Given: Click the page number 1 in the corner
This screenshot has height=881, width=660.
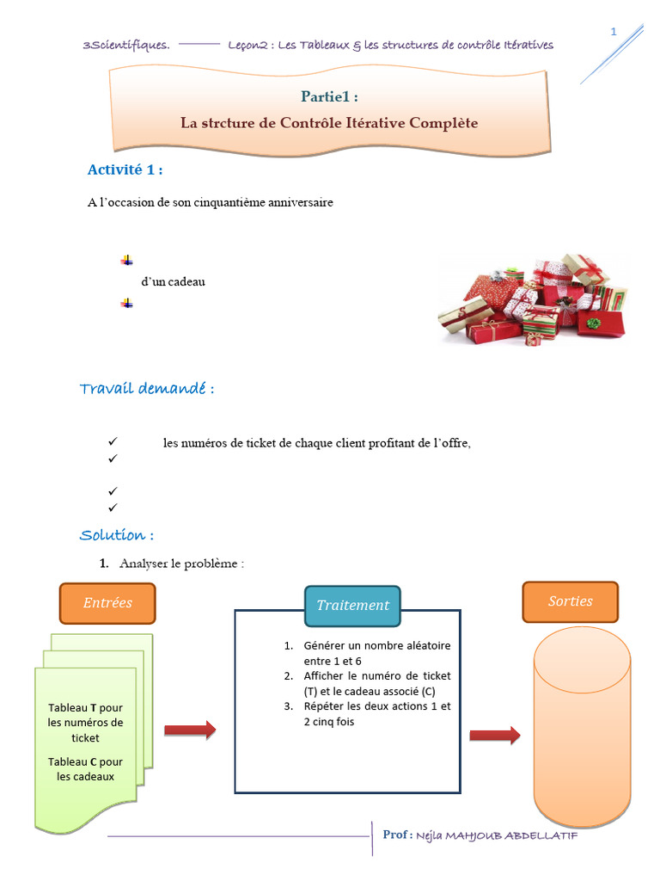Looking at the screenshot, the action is [614, 32].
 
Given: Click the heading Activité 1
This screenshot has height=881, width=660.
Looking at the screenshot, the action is [125, 169].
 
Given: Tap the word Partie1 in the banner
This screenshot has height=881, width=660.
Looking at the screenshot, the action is [326, 96].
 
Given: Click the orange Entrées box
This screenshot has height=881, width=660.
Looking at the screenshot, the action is [107, 603].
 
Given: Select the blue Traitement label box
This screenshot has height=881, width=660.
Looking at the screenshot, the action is [352, 606].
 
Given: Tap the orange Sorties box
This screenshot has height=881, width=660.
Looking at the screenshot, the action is [571, 601].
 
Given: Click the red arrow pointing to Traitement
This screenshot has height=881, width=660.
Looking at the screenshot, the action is [190, 730].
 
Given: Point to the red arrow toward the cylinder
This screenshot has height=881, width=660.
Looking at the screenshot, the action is [495, 736].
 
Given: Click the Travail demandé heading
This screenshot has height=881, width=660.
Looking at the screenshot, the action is [146, 388].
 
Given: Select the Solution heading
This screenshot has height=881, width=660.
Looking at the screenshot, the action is [117, 535].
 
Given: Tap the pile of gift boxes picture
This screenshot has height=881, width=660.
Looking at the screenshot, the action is [533, 299].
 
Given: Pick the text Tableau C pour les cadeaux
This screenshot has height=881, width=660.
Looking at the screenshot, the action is [85, 769].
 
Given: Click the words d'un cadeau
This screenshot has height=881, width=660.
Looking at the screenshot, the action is [173, 281].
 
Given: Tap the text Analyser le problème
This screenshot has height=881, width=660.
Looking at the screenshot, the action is [181, 564].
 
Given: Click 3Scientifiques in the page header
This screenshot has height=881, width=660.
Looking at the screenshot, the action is [126, 45].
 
